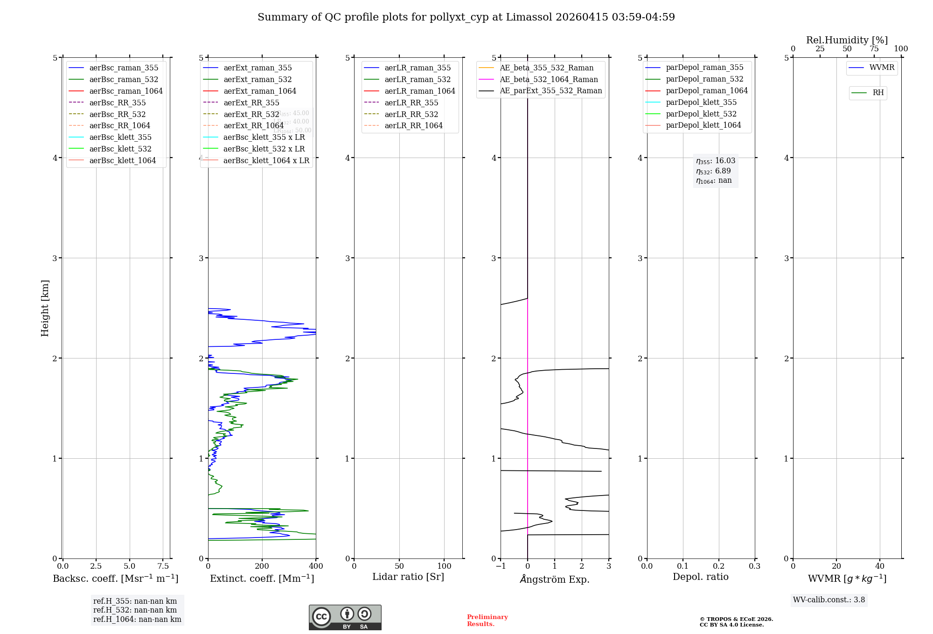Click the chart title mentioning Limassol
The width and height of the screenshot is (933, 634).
(466, 17)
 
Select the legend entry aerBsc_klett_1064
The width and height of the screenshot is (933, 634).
(123, 160)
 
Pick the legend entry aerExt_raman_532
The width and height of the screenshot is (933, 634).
(258, 79)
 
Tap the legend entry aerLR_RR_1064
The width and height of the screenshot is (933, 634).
(413, 125)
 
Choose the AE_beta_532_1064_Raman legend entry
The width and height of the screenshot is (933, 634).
(549, 79)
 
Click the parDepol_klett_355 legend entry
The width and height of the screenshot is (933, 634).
(701, 102)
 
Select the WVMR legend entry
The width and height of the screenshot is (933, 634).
(882, 68)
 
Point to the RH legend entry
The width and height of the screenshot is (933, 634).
(878, 93)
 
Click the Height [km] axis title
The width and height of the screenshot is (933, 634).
(45, 308)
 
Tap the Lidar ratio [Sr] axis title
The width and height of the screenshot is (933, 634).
(408, 577)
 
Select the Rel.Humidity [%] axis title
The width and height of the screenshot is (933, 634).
(847, 40)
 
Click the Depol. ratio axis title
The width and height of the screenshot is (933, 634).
(700, 577)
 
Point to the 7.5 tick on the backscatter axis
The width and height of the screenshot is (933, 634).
(163, 566)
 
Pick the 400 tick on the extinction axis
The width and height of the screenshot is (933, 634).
(316, 566)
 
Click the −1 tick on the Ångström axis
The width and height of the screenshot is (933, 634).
(501, 566)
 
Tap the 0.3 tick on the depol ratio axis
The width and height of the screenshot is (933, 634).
(754, 566)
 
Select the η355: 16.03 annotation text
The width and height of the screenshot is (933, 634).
(716, 161)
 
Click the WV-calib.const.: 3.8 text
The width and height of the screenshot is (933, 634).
(829, 600)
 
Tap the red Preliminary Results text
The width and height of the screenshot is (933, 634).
(487, 620)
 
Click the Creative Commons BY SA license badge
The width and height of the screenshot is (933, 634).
(345, 617)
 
